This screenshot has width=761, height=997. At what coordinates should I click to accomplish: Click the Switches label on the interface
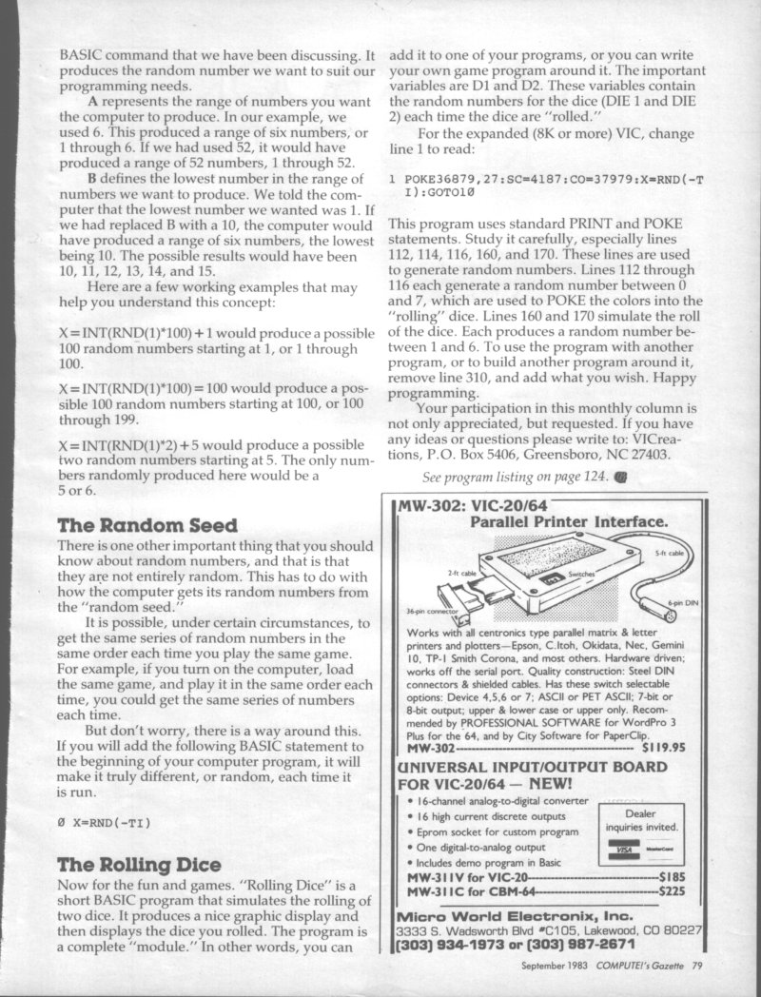pyautogui.click(x=581, y=576)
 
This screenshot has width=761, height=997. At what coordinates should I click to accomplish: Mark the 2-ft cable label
pyautogui.click(x=461, y=573)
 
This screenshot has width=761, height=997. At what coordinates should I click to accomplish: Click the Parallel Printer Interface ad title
pyautogui.click(x=568, y=521)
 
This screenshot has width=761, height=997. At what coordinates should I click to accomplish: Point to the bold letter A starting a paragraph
pyautogui.click(x=92, y=101)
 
